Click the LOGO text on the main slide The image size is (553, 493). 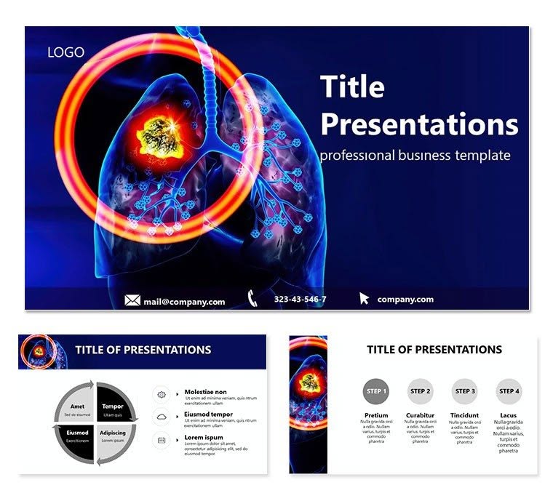(x=65, y=52)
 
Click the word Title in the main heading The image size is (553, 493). (x=352, y=87)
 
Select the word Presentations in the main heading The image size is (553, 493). (x=419, y=124)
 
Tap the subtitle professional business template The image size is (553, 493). (x=415, y=156)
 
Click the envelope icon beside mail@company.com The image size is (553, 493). (x=132, y=300)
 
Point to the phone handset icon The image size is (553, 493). (x=253, y=298)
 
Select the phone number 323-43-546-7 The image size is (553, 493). (x=300, y=300)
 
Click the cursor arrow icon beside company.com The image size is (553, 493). (x=364, y=298)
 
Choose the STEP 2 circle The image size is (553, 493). (x=420, y=391)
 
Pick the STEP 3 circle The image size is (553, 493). (x=464, y=391)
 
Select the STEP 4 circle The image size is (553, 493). (x=509, y=391)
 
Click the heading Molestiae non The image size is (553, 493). (x=205, y=392)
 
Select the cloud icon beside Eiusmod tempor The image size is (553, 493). (x=161, y=416)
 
